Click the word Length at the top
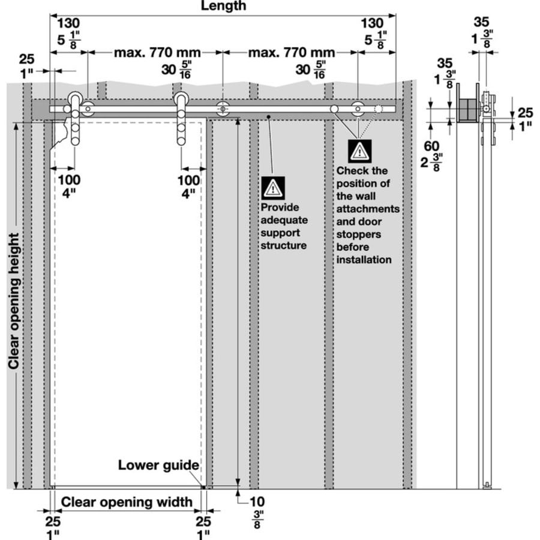[223, 6]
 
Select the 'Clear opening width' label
[127, 502]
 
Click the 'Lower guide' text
[158, 465]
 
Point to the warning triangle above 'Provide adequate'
[273, 189]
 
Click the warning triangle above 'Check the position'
[359, 150]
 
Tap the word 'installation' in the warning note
[364, 260]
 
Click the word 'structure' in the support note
[284, 245]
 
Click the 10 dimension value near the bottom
[256, 501]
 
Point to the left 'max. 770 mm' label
[157, 53]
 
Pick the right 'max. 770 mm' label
[292, 53]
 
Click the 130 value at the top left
[68, 23]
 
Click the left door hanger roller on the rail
[76, 98]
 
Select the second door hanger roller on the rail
[181, 98]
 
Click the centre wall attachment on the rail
[223, 110]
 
